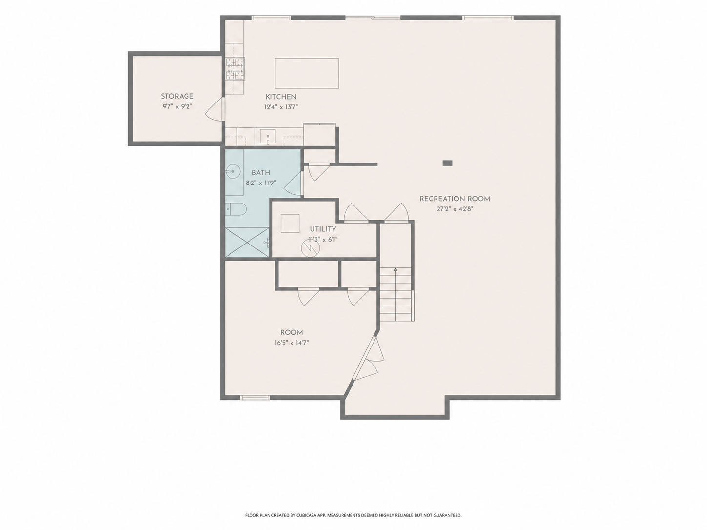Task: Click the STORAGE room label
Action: coord(177,96)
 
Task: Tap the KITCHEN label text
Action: coord(281,97)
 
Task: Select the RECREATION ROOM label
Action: coord(455,199)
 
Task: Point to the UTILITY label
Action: coord(323,229)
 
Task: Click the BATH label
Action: coord(261,173)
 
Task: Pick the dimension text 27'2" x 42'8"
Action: coord(455,209)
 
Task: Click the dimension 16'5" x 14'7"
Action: coord(291,343)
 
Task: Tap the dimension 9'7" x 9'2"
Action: coord(177,106)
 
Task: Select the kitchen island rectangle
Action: coord(307,73)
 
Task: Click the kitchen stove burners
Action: coord(235,68)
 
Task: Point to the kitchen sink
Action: coord(268,137)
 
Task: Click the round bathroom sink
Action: coord(231,171)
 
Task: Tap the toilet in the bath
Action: coord(235,210)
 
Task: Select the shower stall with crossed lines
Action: coord(247,243)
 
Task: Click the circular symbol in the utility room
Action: coord(311,248)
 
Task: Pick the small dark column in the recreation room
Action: coord(447,163)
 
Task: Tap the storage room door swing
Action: coord(214,109)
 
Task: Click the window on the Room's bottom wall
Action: coord(255,398)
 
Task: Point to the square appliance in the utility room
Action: coord(290,224)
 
